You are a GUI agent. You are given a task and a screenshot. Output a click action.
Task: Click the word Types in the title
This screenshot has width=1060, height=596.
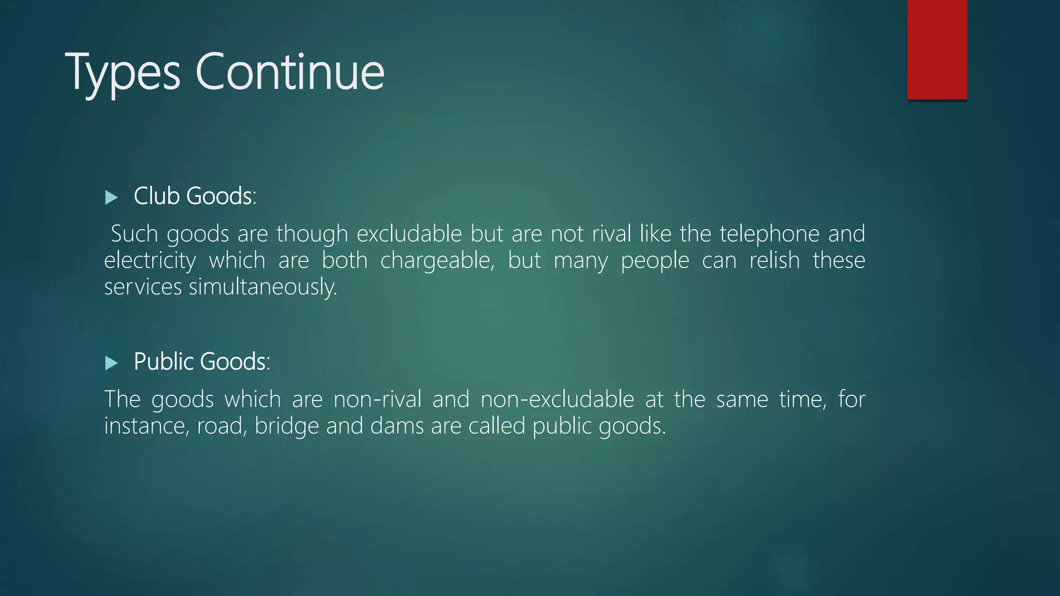click(x=123, y=72)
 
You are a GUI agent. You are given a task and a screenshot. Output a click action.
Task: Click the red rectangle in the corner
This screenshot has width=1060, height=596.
click(x=937, y=49)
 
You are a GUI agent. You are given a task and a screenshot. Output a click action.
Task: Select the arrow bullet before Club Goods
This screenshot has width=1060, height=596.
click(x=111, y=197)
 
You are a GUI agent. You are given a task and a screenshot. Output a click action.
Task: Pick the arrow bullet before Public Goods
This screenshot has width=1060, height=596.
click(x=111, y=363)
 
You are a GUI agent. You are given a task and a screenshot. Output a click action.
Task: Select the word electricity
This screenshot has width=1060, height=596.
click(x=150, y=260)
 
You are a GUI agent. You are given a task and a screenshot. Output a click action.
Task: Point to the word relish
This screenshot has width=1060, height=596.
click(x=774, y=260)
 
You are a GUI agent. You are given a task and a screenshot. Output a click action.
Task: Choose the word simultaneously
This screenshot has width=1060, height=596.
click(x=262, y=287)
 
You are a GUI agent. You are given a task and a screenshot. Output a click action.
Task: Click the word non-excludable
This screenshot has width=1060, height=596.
click(x=557, y=399)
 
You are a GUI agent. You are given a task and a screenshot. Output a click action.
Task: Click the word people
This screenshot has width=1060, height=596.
click(x=655, y=260)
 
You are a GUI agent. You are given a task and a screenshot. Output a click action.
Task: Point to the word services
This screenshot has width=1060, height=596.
click(x=143, y=287)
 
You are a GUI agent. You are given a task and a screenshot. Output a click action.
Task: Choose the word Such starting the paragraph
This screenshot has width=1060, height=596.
click(x=134, y=234)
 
